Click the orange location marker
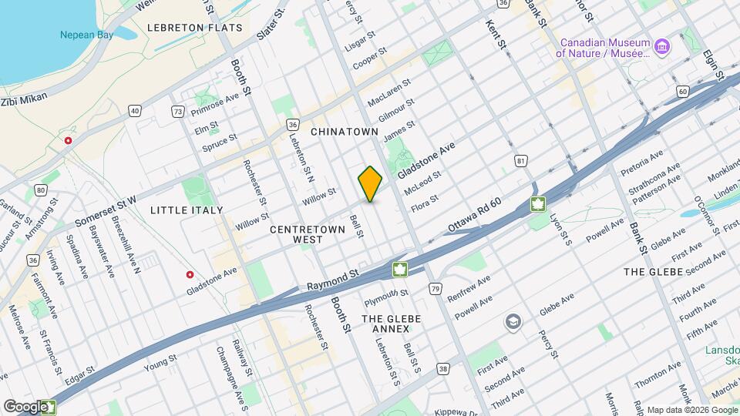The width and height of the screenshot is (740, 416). point(371,183)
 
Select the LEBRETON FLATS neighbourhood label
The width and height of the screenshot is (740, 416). point(195,27)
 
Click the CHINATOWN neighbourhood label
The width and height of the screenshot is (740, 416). point(343,132)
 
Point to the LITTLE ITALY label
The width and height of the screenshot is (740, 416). point(187,210)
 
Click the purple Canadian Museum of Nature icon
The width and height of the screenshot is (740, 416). point(662,46)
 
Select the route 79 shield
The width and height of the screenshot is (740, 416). point(436,289)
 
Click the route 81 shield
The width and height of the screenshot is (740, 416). point(522,161)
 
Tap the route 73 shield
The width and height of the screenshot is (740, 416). point(178,112)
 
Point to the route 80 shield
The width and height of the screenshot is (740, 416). point(41,190)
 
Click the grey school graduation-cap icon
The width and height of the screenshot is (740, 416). point(513,320)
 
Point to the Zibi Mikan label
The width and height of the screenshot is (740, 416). point(24,99)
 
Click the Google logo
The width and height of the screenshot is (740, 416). point(25,406)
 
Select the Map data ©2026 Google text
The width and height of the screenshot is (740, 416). point(691,410)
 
